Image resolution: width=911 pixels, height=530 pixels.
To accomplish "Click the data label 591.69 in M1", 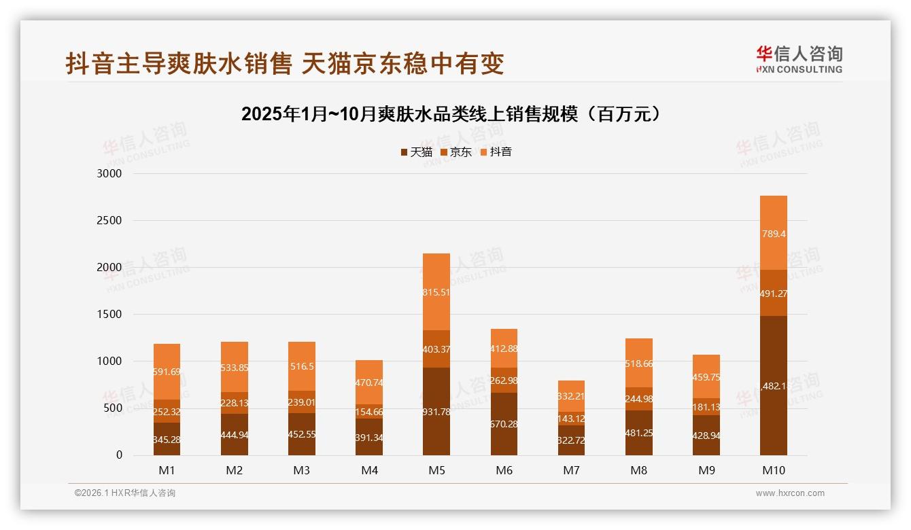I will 167,372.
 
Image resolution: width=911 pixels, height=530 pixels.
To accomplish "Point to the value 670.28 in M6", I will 504,425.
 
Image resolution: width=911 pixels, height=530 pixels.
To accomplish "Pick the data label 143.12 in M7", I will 571,419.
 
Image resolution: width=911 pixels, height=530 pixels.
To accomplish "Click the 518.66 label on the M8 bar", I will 638,364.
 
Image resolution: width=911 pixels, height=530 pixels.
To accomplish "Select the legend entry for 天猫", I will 416,152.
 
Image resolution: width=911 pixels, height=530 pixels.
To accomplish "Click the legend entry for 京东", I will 455,152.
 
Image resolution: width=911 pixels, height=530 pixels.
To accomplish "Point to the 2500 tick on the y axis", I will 109,220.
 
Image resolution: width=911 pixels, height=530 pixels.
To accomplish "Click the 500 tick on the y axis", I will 113,408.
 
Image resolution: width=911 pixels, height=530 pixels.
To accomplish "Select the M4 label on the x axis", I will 369,470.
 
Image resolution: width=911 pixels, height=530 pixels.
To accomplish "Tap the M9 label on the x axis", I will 706,470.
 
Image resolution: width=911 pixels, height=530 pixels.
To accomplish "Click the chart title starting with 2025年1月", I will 451,114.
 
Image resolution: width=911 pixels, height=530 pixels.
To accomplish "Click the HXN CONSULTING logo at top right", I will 799,60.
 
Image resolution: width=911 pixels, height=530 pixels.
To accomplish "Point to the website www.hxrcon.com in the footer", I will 790,493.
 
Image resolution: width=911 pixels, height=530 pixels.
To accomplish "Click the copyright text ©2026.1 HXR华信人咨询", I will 125,493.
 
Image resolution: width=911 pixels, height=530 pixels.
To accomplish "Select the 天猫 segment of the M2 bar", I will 235,435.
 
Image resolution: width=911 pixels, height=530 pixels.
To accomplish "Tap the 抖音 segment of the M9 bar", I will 706,376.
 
